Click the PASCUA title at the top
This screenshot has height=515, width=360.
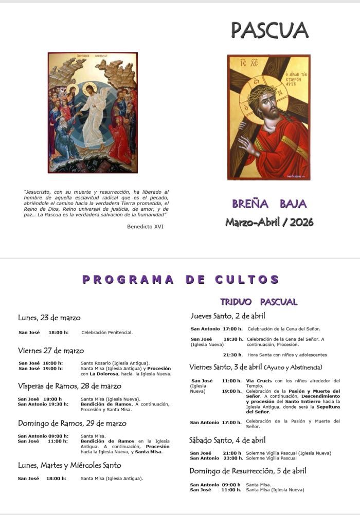(x=269, y=30)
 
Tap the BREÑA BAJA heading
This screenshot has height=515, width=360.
(x=269, y=204)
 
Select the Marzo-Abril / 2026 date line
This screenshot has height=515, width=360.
(x=269, y=222)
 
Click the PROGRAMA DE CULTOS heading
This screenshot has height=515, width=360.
(x=181, y=280)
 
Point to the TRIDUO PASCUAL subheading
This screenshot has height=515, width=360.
(x=259, y=302)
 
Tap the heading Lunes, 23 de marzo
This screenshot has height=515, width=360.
(x=49, y=318)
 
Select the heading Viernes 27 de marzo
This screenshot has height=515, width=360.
(x=50, y=351)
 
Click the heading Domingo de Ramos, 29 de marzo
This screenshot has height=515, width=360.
(x=71, y=424)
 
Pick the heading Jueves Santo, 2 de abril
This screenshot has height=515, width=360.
(x=227, y=316)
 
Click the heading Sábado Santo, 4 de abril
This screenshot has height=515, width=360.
(x=227, y=440)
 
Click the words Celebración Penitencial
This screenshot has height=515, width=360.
(x=107, y=333)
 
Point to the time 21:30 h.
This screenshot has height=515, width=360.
(x=232, y=355)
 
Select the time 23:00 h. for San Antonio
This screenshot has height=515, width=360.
(x=232, y=458)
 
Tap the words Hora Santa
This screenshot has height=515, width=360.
(x=260, y=355)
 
